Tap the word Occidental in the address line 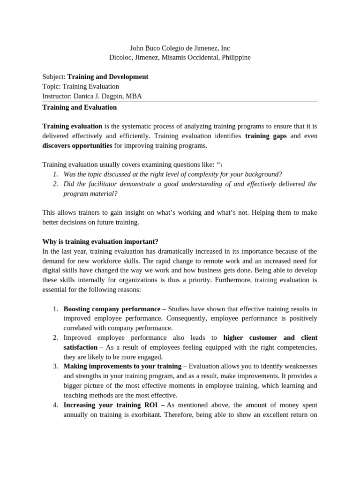tap(200, 57)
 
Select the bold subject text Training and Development tap(108, 77)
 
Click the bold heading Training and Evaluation tap(80, 107)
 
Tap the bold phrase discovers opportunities tap(77, 145)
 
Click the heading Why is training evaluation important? tap(100, 241)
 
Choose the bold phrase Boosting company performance tap(112, 309)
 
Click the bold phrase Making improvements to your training tap(122, 367)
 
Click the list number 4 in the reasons tap(55, 405)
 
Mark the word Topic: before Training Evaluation tap(52, 87)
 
